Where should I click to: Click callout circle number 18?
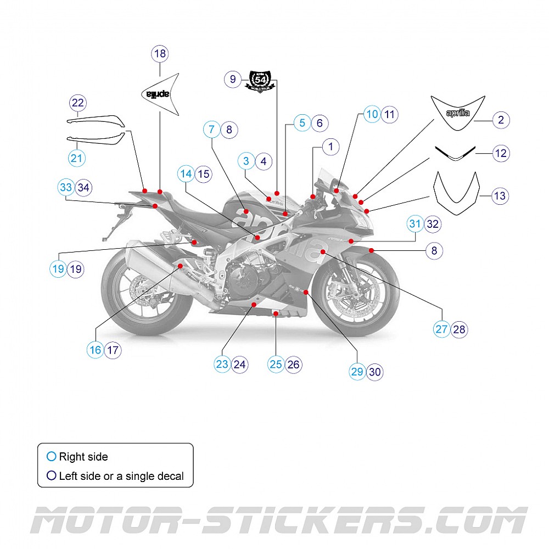pos(160,54)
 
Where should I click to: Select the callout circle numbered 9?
pos(233,80)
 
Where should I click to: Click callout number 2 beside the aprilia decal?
pos(501,120)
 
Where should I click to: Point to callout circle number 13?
pos(500,196)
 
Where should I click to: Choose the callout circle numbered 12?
pos(501,153)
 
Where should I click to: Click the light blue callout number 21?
pos(77,159)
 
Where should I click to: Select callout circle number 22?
pos(78,103)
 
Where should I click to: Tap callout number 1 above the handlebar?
pos(330,147)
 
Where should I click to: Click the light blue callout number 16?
pos(96,350)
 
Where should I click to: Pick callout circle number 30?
pos(374,372)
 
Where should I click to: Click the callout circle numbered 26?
pos(294,364)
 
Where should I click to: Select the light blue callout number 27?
pos(441,329)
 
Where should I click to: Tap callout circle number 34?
pos(83,187)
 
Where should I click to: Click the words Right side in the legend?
pos(83,457)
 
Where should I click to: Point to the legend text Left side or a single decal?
pos(121,476)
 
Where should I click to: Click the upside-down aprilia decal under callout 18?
pos(160,94)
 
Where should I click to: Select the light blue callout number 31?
pos(415,224)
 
